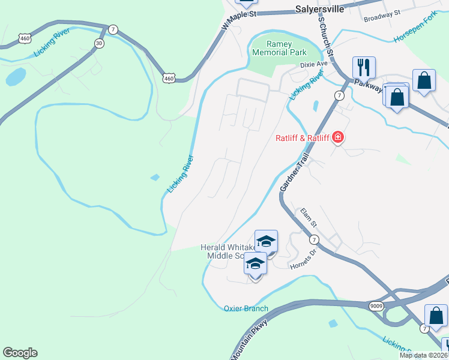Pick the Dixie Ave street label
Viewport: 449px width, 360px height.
click(x=315, y=64)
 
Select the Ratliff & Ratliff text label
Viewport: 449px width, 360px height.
click(x=302, y=139)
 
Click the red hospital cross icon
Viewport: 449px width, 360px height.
click(x=339, y=138)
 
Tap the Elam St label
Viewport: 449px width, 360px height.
click(x=308, y=217)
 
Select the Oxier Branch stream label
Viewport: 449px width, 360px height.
click(x=246, y=309)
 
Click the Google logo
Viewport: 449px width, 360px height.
click(x=20, y=353)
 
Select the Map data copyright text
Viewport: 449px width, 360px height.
click(x=423, y=355)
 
